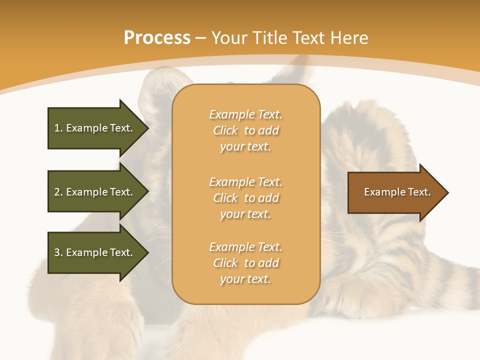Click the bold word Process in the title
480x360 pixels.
[x=157, y=38]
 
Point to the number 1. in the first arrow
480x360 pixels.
[x=58, y=128]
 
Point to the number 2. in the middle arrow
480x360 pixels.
[x=58, y=192]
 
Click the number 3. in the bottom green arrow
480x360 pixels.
[x=58, y=252]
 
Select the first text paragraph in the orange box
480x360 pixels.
[x=245, y=130]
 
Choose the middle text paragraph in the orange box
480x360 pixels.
[x=245, y=198]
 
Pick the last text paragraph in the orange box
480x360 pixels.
[x=245, y=263]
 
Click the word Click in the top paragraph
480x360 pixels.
[x=225, y=130]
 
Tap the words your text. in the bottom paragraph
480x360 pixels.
[x=245, y=279]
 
